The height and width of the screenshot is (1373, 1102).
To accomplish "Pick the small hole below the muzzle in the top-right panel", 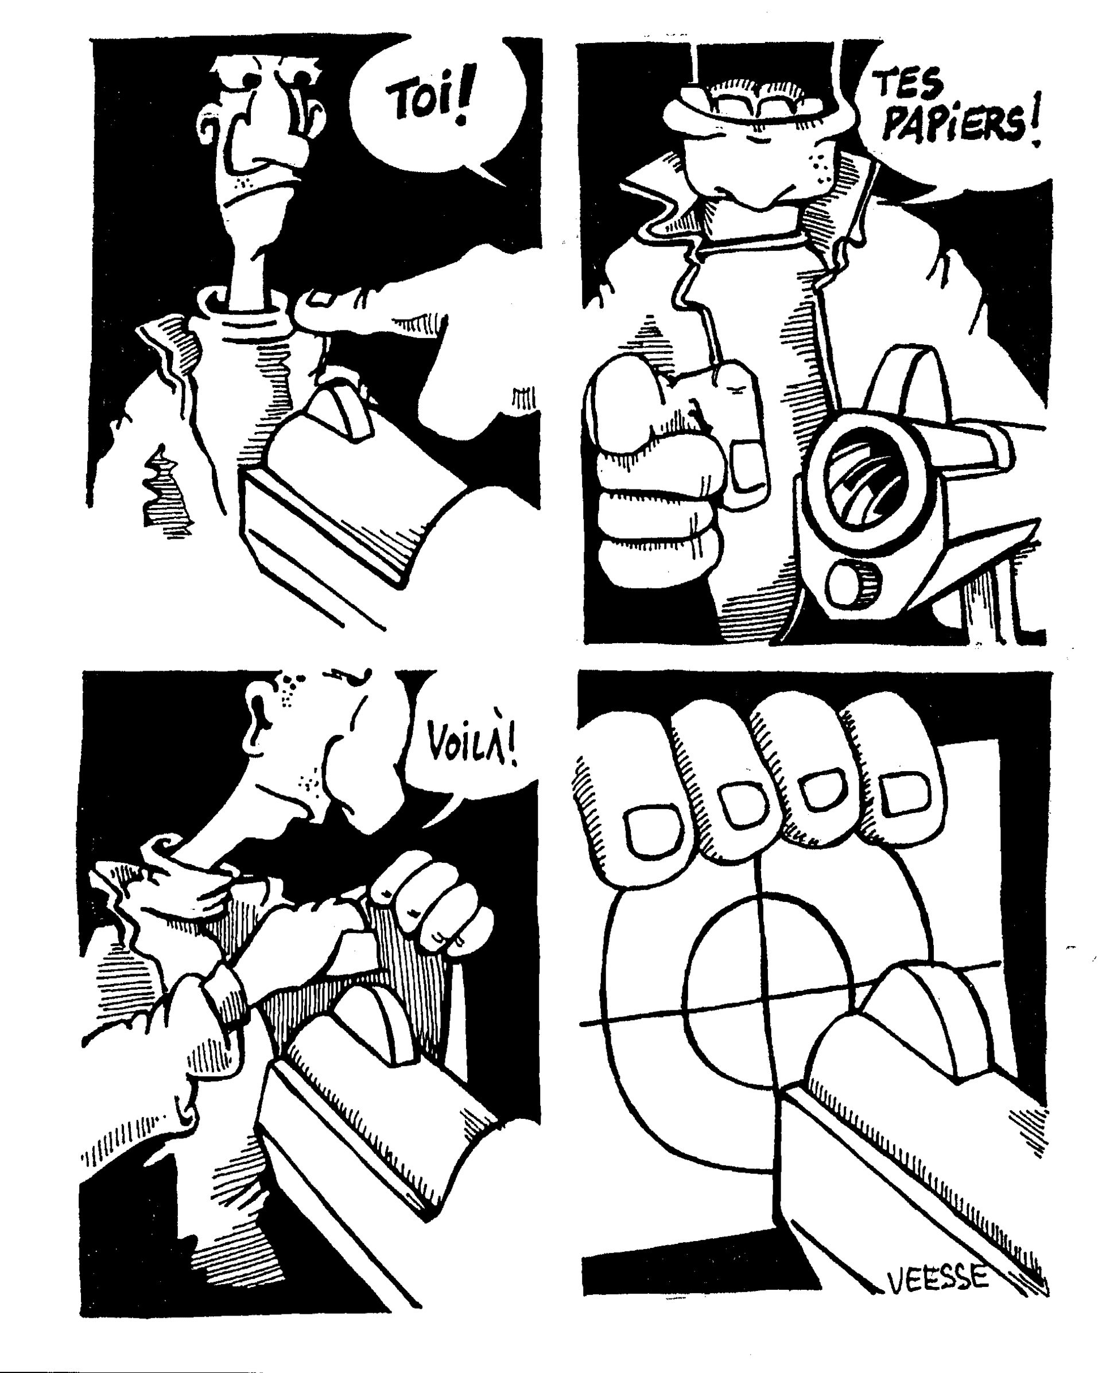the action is [847, 583].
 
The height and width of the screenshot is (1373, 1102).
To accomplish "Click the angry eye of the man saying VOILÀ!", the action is [357, 676].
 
